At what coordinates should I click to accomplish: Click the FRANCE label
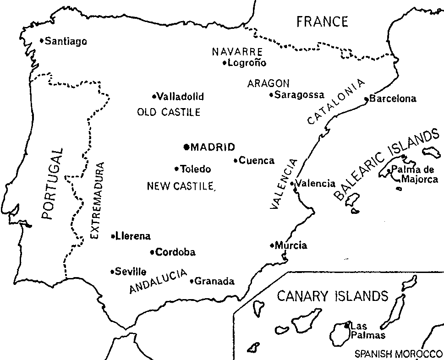(x=322, y=22)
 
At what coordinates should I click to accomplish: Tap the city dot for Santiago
(x=42, y=41)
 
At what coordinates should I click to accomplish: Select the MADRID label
(x=213, y=147)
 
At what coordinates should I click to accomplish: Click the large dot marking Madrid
(x=186, y=147)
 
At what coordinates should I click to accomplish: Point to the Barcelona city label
(x=393, y=99)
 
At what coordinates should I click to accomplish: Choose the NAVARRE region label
(x=237, y=52)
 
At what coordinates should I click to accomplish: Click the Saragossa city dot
(x=271, y=95)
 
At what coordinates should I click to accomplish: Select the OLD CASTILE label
(x=169, y=112)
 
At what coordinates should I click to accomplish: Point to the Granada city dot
(x=192, y=281)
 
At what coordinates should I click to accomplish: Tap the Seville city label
(x=131, y=271)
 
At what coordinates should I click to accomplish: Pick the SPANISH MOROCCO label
(x=397, y=354)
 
